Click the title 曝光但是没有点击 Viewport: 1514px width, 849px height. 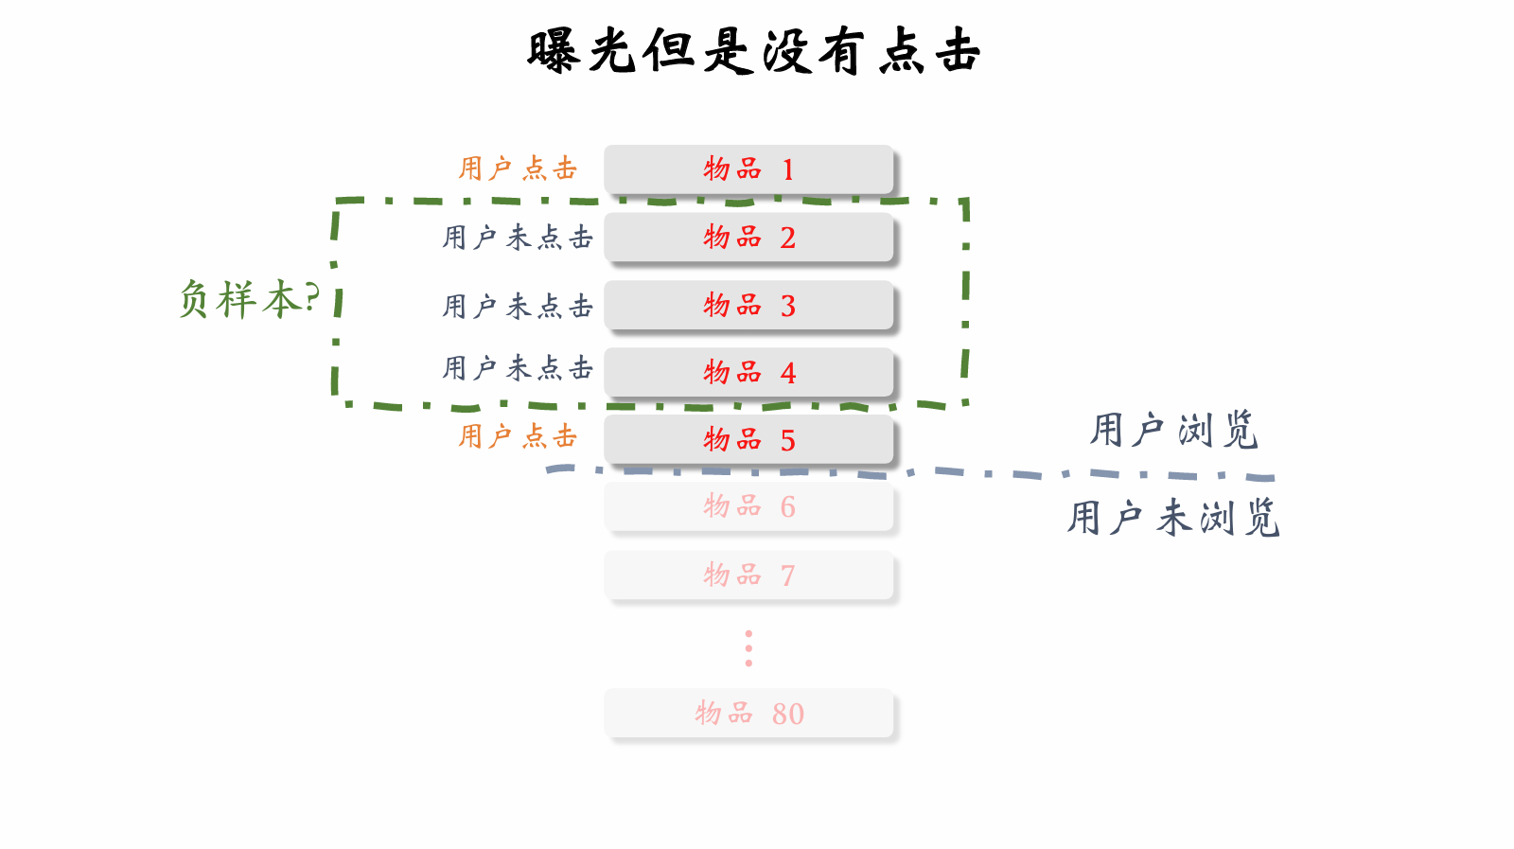pos(753,51)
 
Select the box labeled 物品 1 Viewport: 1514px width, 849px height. pos(748,169)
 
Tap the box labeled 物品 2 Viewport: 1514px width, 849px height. pos(748,237)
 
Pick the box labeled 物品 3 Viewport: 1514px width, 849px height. pos(748,305)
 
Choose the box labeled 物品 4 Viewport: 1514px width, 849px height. pos(748,372)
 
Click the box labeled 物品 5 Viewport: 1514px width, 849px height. pos(748,439)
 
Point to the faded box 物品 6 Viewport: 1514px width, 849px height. pos(748,506)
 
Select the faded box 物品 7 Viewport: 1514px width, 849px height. pos(748,575)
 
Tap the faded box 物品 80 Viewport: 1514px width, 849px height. pos(748,713)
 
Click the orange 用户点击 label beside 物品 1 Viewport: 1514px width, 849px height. pos(518,168)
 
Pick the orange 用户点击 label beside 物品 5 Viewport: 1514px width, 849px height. pos(518,436)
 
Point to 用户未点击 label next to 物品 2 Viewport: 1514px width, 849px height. pos(518,237)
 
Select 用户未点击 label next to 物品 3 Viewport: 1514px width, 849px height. pos(518,306)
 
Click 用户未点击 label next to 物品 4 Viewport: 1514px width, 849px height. pos(518,367)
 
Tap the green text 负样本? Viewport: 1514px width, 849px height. pos(249,299)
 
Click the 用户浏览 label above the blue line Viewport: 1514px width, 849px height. pos(1173,430)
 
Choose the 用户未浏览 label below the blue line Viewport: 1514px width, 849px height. pos(1173,518)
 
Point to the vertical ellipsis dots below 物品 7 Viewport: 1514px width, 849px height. pos(748,648)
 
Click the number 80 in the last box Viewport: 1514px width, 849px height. pos(787,714)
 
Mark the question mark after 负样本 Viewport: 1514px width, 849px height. pos(312,296)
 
